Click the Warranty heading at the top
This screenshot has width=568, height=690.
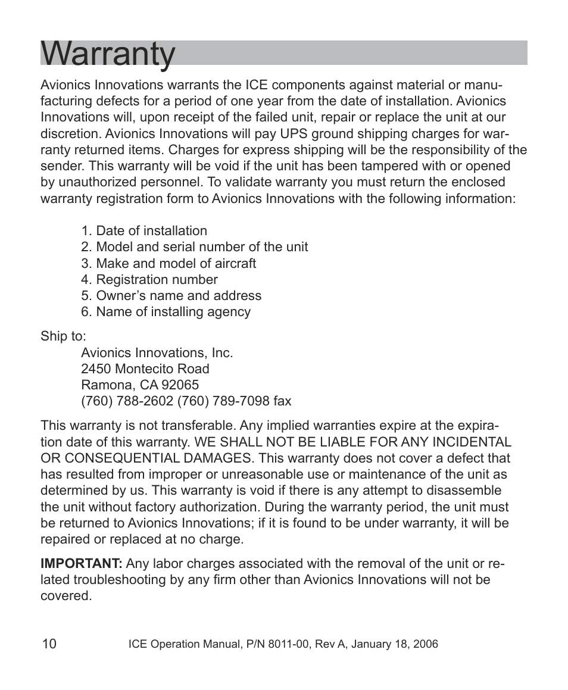(x=108, y=54)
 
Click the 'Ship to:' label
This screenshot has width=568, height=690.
(x=63, y=336)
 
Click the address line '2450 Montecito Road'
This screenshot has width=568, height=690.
(x=145, y=369)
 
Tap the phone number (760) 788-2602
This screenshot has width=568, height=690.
(x=127, y=401)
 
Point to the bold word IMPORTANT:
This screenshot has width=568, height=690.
(x=81, y=564)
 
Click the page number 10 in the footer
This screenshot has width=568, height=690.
(x=49, y=644)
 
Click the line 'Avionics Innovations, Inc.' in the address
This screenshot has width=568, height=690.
(x=157, y=353)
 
